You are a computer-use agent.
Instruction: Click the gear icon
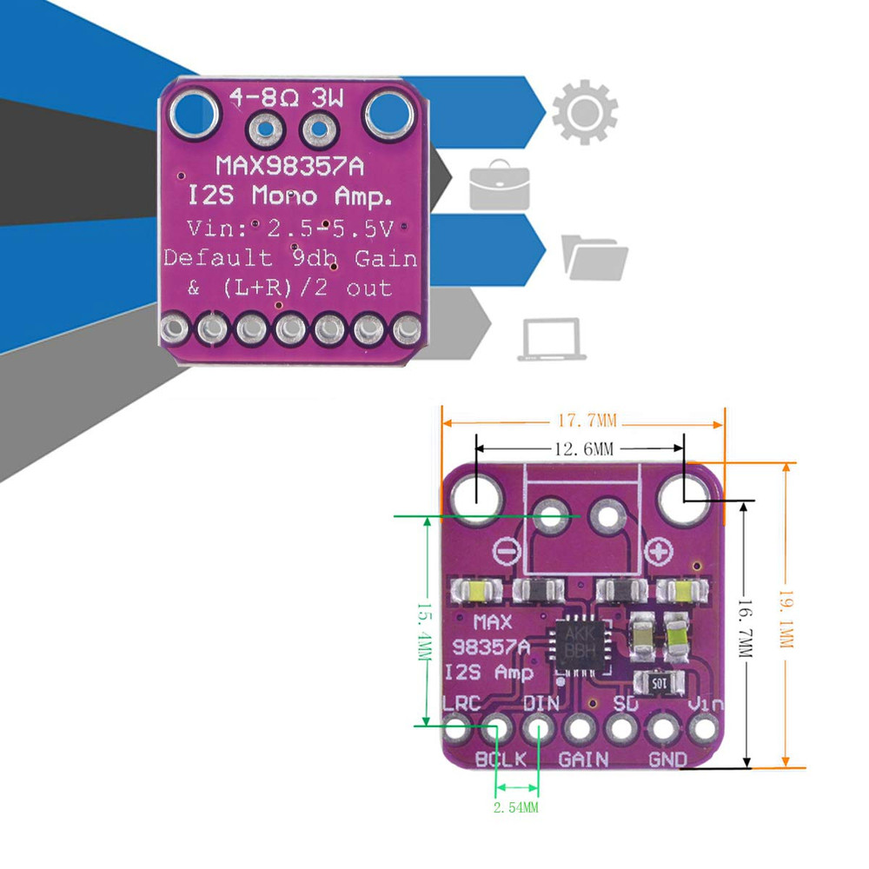(584, 112)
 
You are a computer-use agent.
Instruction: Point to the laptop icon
(551, 339)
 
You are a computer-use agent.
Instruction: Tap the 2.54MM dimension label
(516, 807)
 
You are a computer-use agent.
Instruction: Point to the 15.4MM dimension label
(425, 632)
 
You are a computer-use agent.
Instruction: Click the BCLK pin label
(501, 760)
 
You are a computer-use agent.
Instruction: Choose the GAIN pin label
(583, 760)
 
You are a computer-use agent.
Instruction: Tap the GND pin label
(667, 760)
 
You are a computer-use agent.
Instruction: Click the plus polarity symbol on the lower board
(660, 551)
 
